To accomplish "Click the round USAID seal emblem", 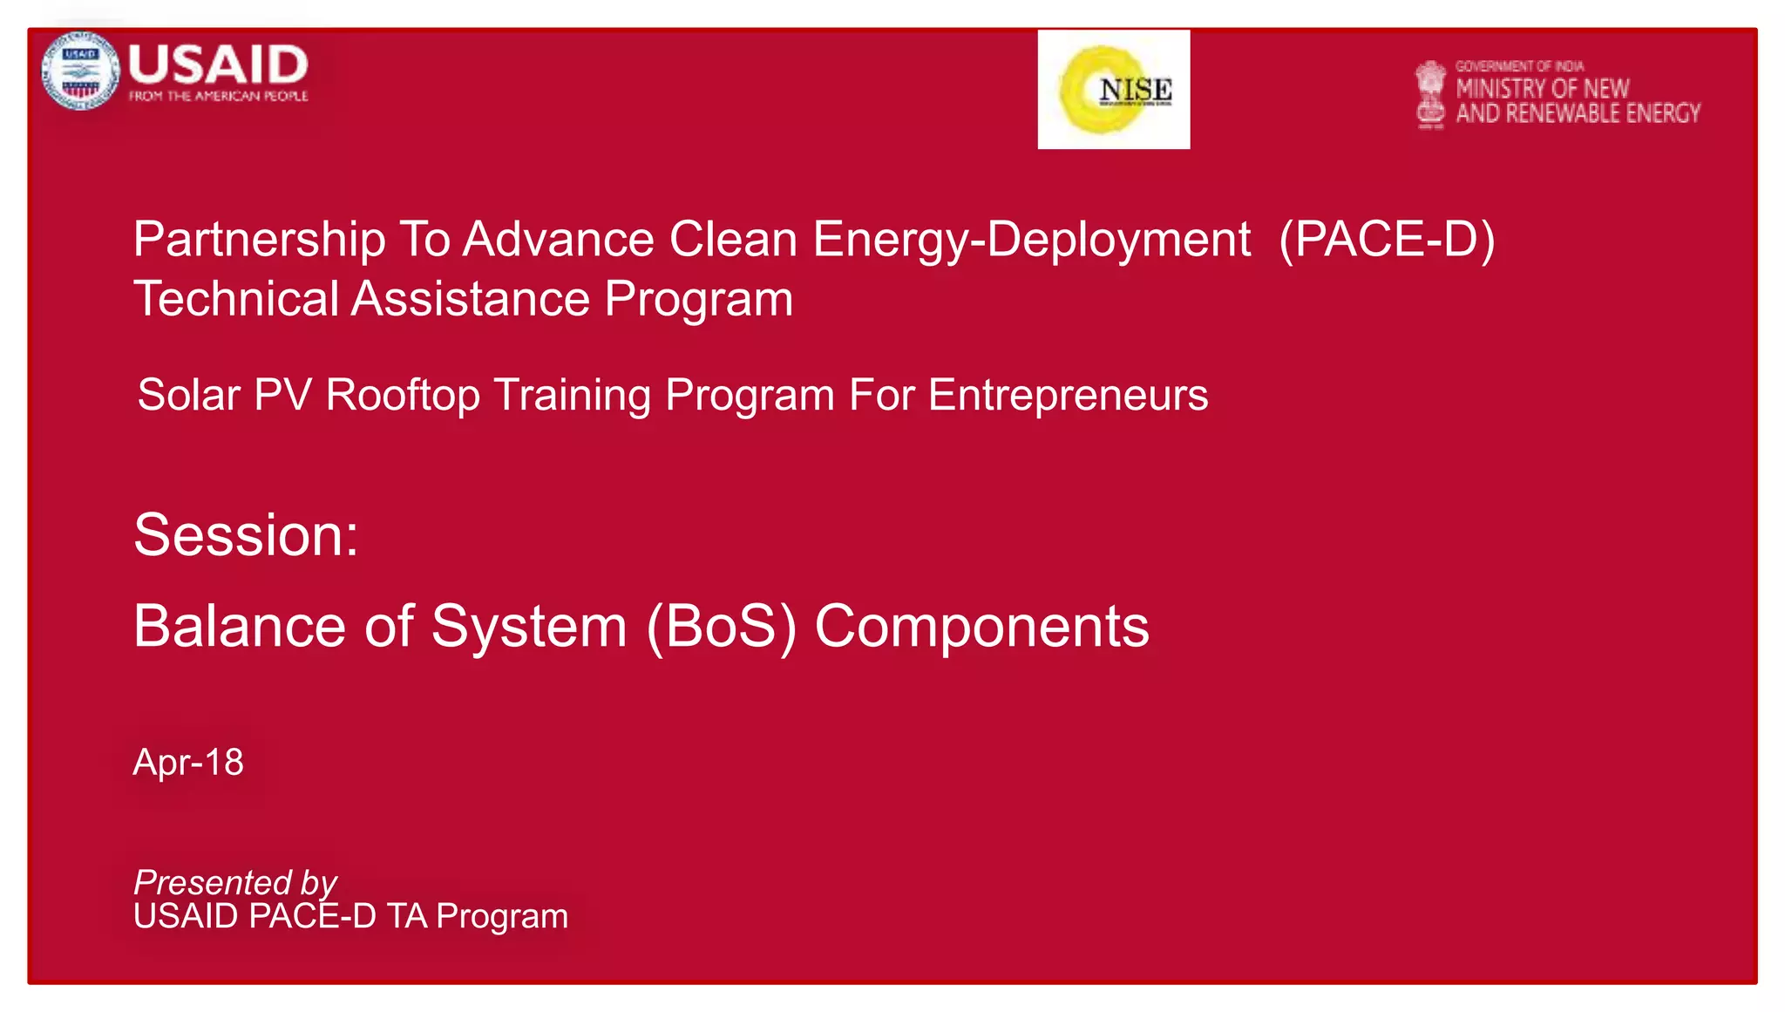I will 79,71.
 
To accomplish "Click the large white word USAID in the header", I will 218,65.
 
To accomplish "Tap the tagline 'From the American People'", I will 218,96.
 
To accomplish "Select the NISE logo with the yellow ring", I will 1113,90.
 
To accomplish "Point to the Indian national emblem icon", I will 1429,94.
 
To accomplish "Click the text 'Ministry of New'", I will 1542,88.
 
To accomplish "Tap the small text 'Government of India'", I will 1519,66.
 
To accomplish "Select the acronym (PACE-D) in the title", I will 1386,239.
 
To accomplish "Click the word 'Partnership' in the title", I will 259,240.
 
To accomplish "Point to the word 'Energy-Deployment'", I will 1031,240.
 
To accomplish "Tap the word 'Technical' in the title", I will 235,299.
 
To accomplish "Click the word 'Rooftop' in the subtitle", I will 402,395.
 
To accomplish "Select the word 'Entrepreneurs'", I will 1068,395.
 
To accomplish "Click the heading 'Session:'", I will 246,534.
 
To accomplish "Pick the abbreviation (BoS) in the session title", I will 721,627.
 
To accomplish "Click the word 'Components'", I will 981,627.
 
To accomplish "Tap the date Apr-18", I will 188,762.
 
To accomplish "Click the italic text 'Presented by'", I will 234,882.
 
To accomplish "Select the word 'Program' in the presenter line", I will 502,916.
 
